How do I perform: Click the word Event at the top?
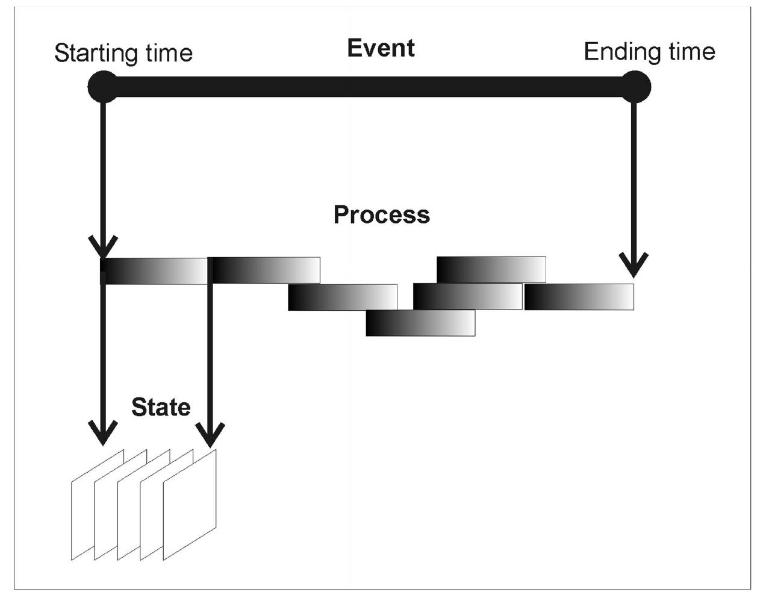point(381,48)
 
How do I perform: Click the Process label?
point(382,215)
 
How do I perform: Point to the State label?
point(161,407)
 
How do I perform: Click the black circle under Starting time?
point(103,87)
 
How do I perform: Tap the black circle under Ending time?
point(635,87)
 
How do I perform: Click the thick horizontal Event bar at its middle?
point(369,87)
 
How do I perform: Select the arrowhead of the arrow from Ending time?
point(634,265)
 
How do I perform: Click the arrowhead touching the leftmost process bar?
point(103,247)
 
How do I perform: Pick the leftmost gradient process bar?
point(154,271)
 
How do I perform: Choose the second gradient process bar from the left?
point(265,270)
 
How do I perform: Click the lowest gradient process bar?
point(420,323)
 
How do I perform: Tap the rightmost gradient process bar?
point(579,297)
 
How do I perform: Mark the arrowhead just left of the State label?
point(103,431)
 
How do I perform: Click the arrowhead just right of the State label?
point(210,434)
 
